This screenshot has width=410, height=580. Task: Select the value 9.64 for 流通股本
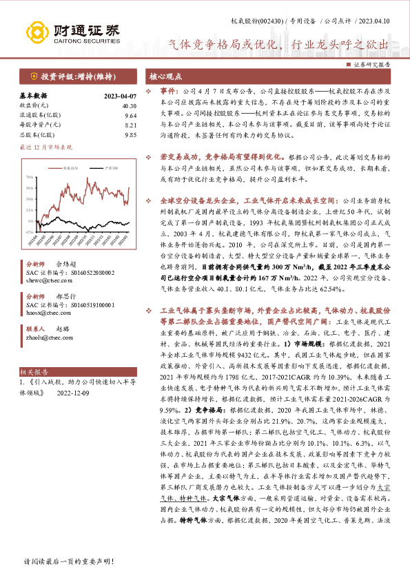pyautogui.click(x=130, y=116)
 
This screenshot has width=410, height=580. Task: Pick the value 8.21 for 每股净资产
pyautogui.click(x=130, y=125)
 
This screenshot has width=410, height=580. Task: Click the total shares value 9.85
pyautogui.click(x=130, y=135)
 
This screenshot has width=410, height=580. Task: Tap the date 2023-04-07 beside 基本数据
pyautogui.click(x=120, y=96)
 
